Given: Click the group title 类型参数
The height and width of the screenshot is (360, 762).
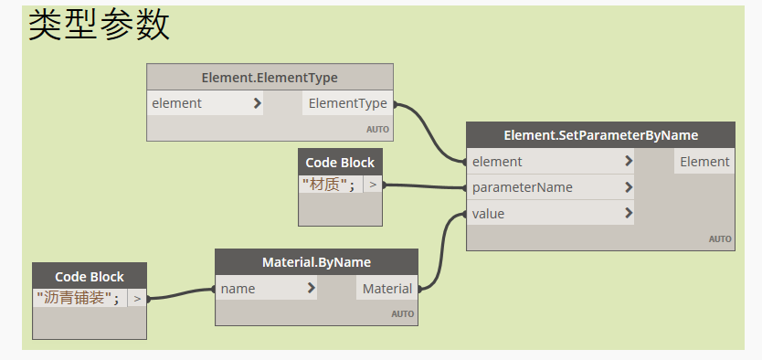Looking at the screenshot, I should (99, 25).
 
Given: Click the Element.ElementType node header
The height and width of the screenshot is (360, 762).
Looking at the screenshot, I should (270, 78).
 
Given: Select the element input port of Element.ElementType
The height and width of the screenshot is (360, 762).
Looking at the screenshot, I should (206, 103).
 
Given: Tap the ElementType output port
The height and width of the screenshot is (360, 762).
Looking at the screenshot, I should (347, 103).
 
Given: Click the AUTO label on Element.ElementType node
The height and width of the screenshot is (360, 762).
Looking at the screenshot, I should (377, 130).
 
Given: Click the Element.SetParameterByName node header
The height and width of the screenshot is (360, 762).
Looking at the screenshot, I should (600, 135).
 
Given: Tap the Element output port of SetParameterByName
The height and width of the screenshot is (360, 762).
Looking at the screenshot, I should (704, 162).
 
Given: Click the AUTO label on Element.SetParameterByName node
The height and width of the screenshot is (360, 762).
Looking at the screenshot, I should (720, 239).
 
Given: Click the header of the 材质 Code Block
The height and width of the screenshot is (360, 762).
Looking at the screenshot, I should (340, 163).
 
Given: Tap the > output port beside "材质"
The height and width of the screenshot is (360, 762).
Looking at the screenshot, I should (373, 185).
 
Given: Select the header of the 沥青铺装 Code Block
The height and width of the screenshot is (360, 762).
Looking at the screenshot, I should (89, 276).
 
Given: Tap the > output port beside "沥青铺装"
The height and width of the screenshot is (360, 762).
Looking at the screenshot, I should (137, 298).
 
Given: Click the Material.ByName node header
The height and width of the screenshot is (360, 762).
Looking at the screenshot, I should (316, 262).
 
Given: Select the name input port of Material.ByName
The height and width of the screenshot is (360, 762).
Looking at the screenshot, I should (266, 289).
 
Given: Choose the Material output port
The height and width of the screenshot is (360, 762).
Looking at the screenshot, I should (386, 289).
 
